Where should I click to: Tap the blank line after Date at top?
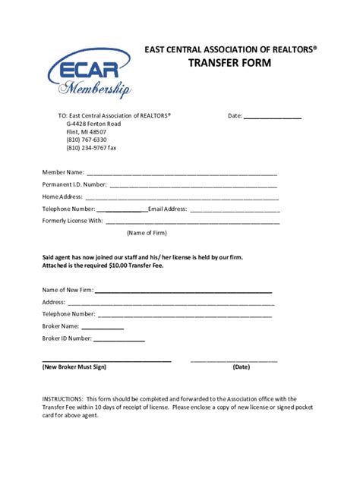tap(273, 118)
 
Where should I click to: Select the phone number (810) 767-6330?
tap(87, 140)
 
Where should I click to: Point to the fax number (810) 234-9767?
tap(91, 148)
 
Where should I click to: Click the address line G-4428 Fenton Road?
tap(93, 124)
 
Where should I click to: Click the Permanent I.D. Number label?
tap(74, 184)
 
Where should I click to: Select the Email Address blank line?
tap(235, 209)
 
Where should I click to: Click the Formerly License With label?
tap(72, 221)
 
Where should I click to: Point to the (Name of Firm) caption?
tap(147, 233)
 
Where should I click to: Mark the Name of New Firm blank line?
tap(183, 291)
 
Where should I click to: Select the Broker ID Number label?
tap(67, 338)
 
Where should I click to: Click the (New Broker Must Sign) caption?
tap(74, 366)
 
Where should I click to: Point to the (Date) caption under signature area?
tap(242, 366)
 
